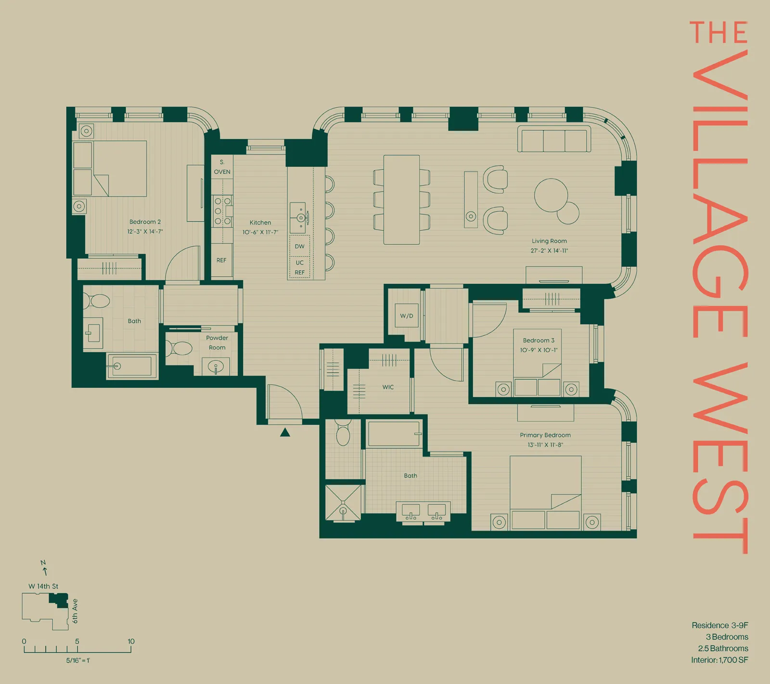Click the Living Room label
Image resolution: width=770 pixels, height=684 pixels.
tap(549, 241)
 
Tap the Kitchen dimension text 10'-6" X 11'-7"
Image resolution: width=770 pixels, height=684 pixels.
tap(260, 232)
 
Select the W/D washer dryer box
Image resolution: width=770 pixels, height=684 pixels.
tap(407, 316)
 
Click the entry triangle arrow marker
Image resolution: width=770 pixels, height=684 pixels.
tap(285, 432)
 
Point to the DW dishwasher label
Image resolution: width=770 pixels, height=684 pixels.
tap(299, 246)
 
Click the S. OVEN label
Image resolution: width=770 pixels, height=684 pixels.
tap(222, 167)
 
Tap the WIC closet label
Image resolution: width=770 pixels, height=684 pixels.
tap(388, 387)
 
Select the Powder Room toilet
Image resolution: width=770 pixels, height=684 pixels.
tap(180, 348)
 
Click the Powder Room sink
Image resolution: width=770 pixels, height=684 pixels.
tap(216, 367)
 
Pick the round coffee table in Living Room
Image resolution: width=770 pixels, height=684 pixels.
tap(551, 195)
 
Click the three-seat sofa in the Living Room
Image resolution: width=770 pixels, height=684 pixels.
tap(554, 139)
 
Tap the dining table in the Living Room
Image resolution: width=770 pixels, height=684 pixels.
tap(401, 200)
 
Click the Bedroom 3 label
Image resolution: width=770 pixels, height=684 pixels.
tap(539, 340)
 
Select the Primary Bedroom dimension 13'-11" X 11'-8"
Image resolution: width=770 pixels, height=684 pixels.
tap(545, 445)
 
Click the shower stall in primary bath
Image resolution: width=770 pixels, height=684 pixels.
tap(343, 503)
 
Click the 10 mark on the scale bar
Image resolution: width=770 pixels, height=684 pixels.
tap(131, 642)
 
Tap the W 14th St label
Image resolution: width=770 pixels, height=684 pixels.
tap(43, 586)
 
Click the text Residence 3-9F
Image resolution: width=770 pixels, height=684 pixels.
tap(719, 625)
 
